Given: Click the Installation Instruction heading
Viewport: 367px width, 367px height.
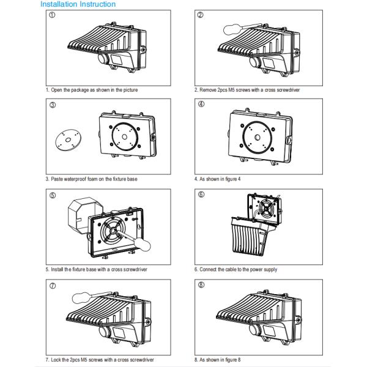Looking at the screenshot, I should point(78,4).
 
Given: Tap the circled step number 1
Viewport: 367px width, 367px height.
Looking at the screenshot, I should point(52,15).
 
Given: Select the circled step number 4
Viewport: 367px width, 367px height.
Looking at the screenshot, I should point(201,104).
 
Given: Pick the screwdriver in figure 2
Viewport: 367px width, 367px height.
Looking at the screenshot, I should point(236,27).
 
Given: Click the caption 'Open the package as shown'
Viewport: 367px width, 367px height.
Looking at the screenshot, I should point(92,90).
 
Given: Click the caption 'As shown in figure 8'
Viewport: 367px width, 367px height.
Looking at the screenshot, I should point(217,359).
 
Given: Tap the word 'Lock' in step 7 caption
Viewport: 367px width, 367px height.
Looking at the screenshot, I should point(57,359).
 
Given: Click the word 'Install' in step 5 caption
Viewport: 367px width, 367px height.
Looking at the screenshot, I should point(58,269).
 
